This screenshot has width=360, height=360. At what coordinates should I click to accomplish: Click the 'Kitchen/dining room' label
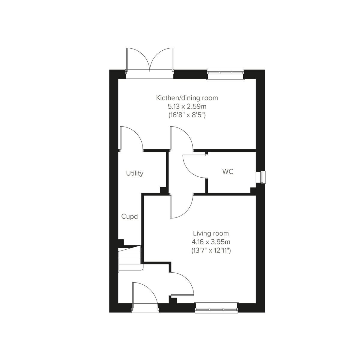click(187, 98)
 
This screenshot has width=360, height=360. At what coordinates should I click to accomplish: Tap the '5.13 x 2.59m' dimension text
click(187, 106)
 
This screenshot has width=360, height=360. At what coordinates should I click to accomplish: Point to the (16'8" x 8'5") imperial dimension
click(187, 115)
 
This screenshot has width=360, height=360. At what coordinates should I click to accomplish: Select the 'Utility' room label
click(135, 173)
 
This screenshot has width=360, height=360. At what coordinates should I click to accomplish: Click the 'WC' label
click(228, 172)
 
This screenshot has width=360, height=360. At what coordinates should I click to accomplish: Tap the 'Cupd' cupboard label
click(129, 216)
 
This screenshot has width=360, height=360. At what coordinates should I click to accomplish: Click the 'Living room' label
click(211, 233)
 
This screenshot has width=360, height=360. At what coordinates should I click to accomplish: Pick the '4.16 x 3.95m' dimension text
click(211, 241)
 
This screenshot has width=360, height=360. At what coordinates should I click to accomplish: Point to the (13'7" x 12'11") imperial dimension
click(211, 250)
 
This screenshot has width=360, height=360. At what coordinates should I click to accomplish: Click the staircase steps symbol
click(130, 258)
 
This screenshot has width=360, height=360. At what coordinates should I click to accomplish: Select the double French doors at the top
click(150, 61)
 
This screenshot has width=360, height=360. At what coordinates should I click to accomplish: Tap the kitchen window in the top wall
click(225, 74)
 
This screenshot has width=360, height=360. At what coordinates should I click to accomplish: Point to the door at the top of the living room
click(181, 207)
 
